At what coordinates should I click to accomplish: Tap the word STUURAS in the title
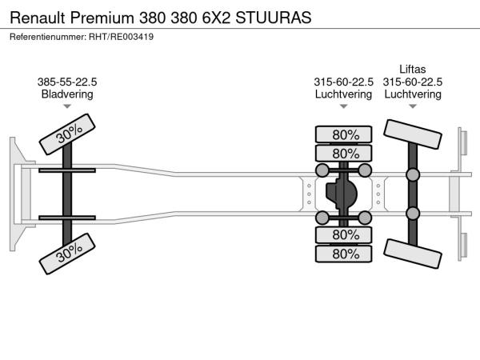(274, 18)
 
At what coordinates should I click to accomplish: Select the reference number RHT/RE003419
(122, 37)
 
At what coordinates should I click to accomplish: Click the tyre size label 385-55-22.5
(67, 82)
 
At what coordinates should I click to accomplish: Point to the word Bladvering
(67, 94)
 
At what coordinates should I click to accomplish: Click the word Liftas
(412, 69)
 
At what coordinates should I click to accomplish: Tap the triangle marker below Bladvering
(67, 106)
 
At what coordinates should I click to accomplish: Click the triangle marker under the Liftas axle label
(413, 106)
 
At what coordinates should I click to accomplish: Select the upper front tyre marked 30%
(67, 134)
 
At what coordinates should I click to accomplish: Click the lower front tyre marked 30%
(67, 254)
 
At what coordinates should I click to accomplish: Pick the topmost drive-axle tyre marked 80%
(343, 134)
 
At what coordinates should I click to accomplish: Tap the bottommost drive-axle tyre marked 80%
(343, 254)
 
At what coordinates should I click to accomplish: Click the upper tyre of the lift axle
(413, 134)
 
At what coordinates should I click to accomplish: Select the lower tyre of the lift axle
(413, 254)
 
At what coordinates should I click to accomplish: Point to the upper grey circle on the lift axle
(413, 174)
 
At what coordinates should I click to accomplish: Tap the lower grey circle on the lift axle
(413, 214)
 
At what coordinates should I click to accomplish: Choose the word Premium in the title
(102, 18)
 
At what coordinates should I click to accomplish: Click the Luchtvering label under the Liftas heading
(413, 94)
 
